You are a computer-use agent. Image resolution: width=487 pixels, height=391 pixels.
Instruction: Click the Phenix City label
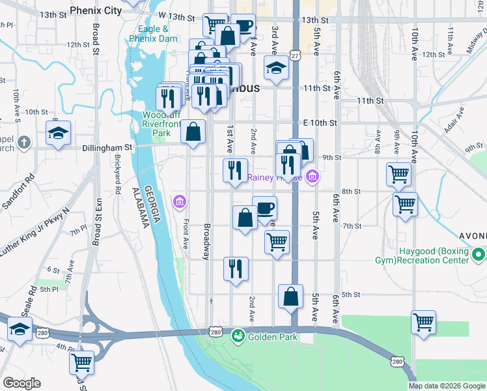coord(95,10)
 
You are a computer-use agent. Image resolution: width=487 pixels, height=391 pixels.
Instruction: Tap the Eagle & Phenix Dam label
coord(154,34)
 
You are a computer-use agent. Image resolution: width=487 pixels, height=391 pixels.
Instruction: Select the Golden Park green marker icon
coord(239,336)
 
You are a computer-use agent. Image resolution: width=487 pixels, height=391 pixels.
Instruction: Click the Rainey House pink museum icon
coord(313,176)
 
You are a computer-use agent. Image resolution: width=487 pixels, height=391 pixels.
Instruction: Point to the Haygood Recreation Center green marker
coord(479,254)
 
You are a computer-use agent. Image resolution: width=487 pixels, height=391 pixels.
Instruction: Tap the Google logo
coord(21,383)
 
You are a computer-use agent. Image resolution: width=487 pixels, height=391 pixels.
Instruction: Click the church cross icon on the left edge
coord(23,142)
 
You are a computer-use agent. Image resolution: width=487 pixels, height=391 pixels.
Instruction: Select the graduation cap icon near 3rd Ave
coord(276,68)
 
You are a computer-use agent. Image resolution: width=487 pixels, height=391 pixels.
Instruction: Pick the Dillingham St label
coord(107,147)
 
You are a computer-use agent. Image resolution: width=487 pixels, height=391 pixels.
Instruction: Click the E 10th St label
coord(319,123)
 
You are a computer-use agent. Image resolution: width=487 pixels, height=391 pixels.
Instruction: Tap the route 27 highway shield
coord(295,57)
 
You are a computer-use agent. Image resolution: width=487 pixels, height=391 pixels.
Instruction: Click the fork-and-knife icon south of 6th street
coord(235,268)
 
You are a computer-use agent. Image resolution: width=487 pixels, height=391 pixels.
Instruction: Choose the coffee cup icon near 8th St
coord(264,209)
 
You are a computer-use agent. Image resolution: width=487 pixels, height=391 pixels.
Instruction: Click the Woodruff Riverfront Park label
coord(156,124)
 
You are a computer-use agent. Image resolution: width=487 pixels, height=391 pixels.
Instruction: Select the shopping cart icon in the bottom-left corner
coord(82,362)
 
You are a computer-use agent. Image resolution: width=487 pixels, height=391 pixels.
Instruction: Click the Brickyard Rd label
coord(118,176)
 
